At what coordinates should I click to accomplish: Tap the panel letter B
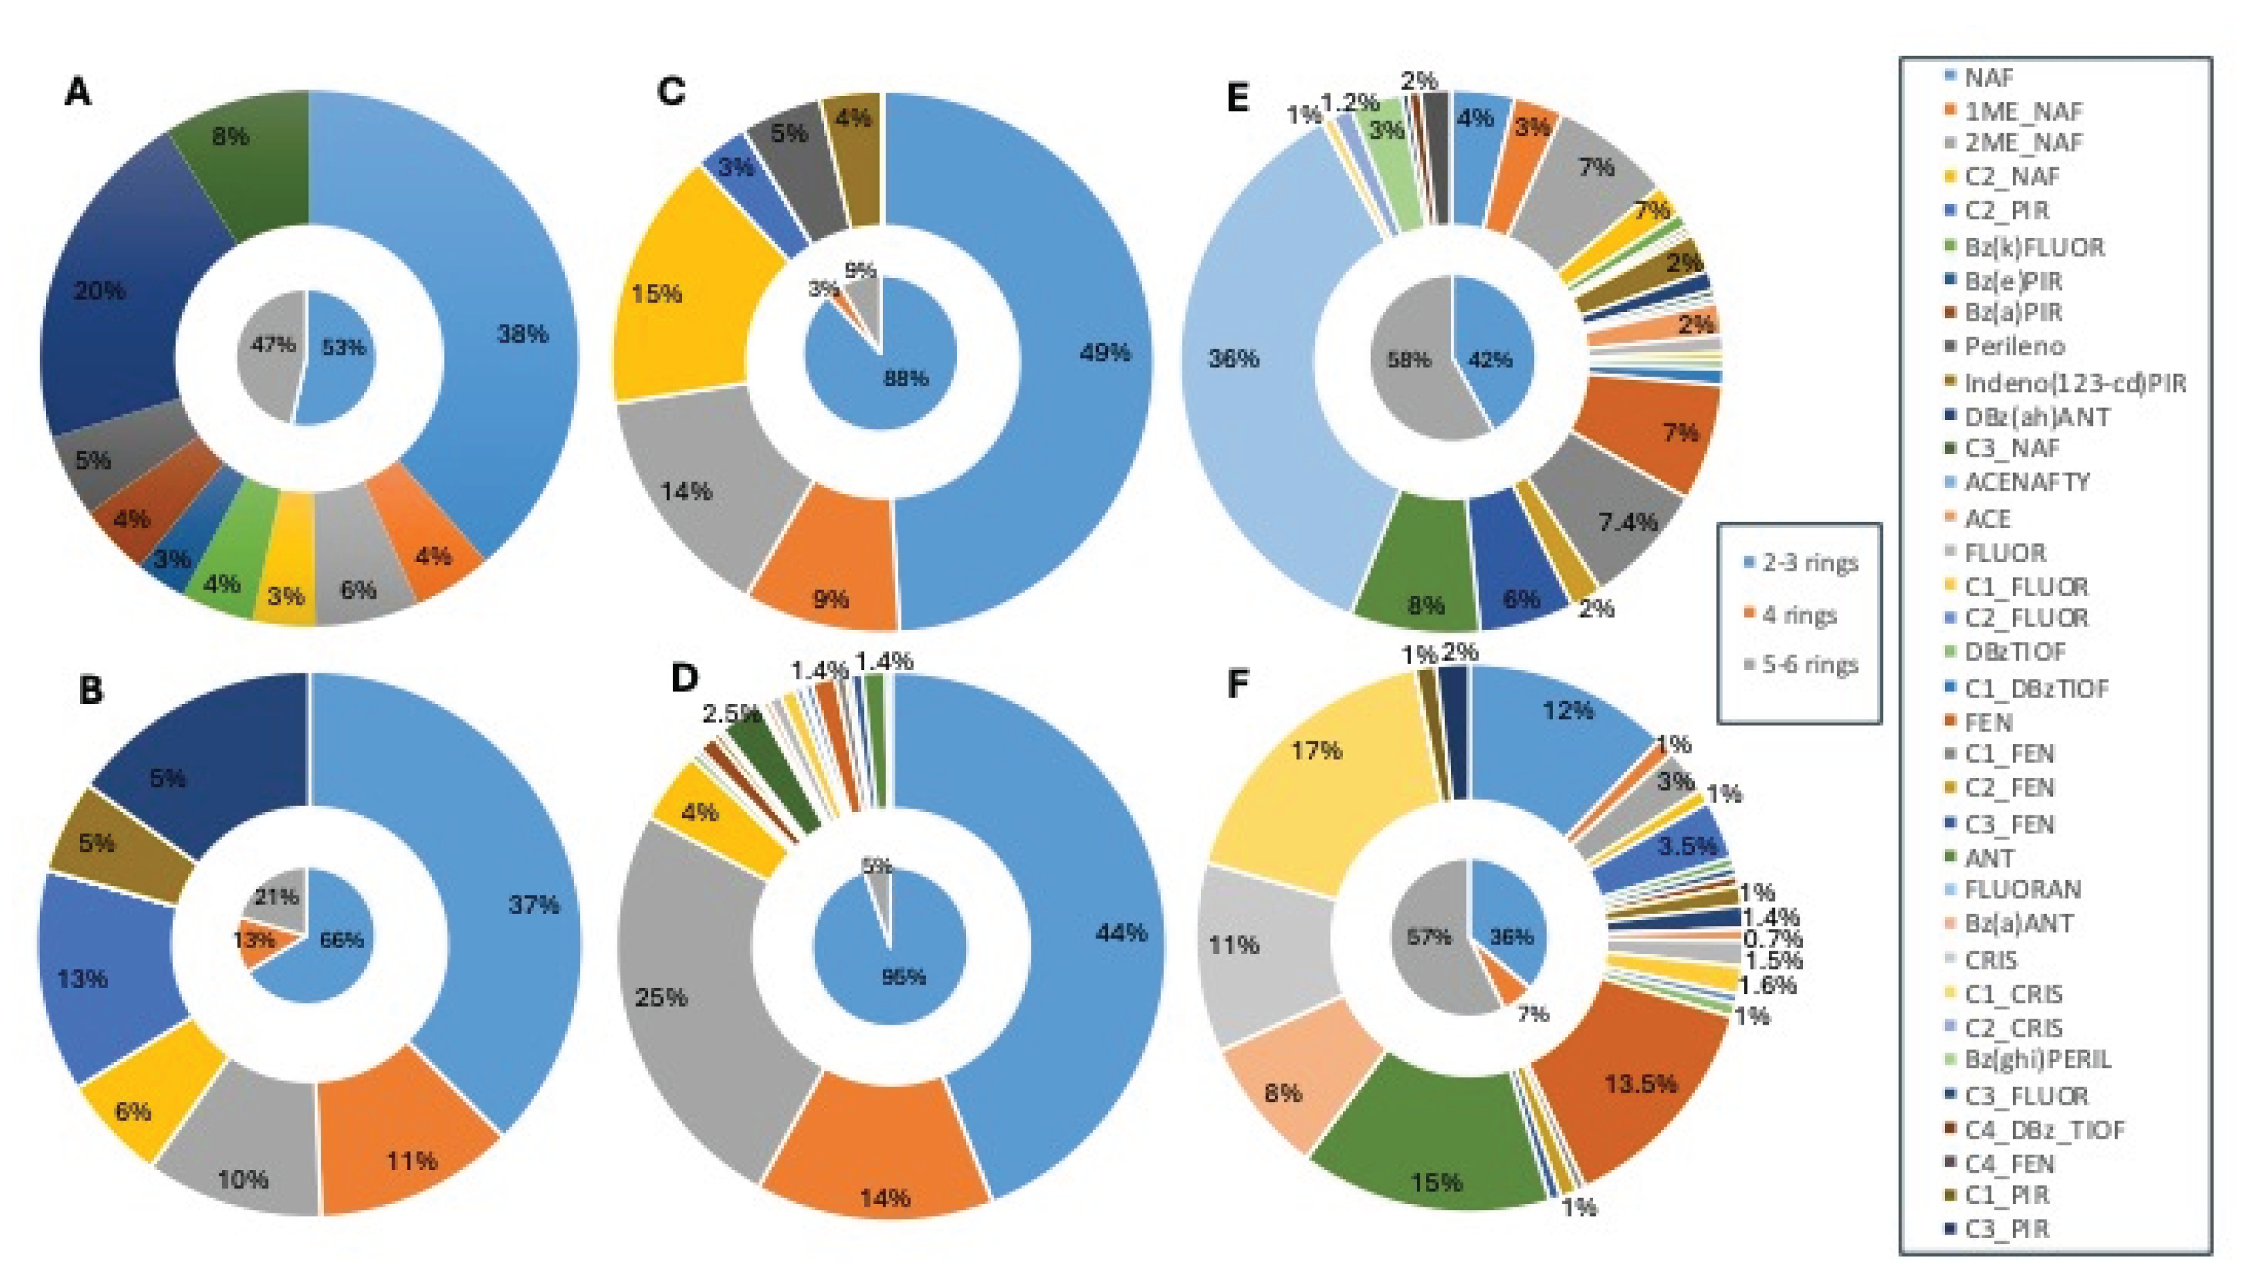pos(91,691)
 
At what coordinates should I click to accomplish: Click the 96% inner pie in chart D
pos(905,967)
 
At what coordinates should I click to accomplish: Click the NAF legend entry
pos(1987,77)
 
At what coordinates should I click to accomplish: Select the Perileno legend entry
pos(2014,347)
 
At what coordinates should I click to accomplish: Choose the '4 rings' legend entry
pos(1798,615)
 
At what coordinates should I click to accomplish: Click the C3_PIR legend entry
pos(2005,1228)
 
